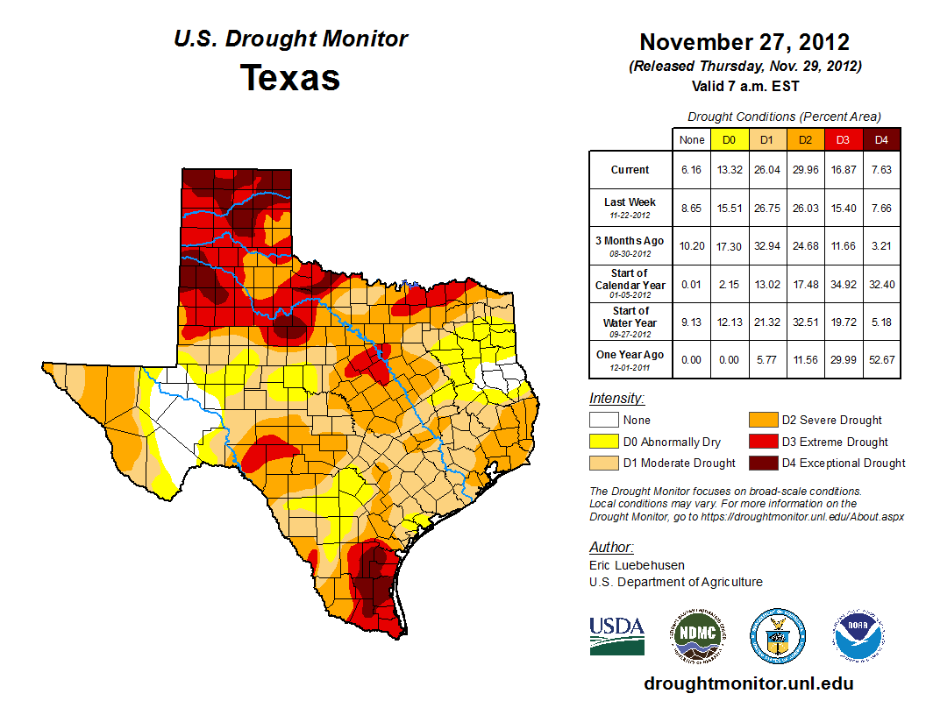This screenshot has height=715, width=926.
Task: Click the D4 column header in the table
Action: click(x=881, y=139)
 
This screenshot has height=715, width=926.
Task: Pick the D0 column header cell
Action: click(x=729, y=139)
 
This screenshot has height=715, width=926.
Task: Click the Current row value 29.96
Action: click(x=805, y=170)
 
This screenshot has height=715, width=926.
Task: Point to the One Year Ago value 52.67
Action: click(x=881, y=355)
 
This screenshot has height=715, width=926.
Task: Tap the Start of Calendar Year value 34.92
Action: click(x=843, y=285)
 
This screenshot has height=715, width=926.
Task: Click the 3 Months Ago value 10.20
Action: click(x=692, y=246)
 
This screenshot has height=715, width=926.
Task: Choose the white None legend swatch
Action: click(x=603, y=420)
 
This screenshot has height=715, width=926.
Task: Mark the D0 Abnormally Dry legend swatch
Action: click(x=603, y=442)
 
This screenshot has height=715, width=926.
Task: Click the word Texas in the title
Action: click(x=290, y=78)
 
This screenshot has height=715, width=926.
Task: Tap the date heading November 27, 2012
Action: click(x=744, y=42)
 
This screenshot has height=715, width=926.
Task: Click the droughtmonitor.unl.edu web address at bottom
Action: click(x=748, y=683)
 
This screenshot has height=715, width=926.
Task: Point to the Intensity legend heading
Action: click(x=616, y=399)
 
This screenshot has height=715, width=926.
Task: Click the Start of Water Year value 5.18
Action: click(x=881, y=322)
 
